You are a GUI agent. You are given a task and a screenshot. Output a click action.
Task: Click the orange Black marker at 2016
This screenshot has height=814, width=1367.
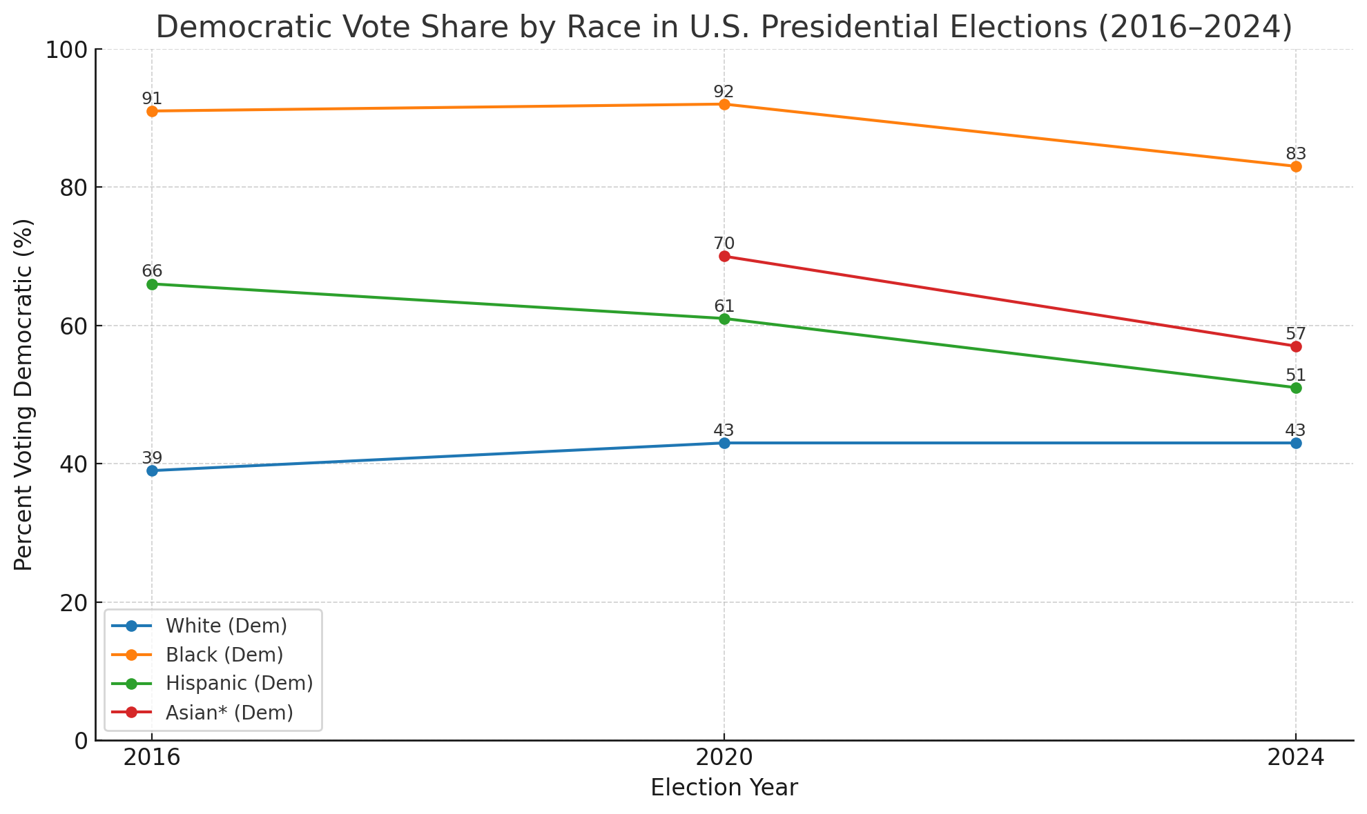[152, 111]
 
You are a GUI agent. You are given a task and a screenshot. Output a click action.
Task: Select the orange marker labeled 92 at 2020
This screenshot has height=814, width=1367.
[724, 104]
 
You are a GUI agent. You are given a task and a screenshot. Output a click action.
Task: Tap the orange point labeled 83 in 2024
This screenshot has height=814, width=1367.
[1296, 167]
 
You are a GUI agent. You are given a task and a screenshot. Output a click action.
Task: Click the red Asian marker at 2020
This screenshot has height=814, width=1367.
[724, 257]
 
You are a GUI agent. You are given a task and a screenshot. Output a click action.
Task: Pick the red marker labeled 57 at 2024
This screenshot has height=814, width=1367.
[1296, 346]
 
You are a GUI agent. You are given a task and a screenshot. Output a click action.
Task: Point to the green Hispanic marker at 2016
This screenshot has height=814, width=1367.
[152, 284]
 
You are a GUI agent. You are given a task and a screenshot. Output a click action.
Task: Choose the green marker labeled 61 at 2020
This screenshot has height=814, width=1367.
[724, 319]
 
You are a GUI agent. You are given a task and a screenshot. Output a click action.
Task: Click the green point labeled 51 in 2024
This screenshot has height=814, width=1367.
[1296, 388]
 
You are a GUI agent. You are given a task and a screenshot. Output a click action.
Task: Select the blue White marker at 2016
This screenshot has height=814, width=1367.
[152, 470]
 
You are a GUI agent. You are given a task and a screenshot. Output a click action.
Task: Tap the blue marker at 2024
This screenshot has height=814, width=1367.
[1296, 443]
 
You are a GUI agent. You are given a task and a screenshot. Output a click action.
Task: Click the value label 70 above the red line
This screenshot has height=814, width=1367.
[724, 244]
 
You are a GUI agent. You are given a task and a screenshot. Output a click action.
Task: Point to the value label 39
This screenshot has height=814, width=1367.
[152, 458]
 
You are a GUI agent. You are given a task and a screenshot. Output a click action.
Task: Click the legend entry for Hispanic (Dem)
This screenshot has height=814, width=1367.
[239, 683]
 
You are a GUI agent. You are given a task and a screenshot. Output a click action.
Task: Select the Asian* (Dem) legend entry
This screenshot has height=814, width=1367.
[229, 713]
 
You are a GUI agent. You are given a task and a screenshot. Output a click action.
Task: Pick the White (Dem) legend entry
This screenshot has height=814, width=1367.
[226, 626]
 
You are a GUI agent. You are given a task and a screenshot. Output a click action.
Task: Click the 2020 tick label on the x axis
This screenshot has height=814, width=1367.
[724, 758]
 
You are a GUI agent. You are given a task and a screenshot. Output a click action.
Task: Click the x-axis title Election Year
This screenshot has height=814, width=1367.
[724, 788]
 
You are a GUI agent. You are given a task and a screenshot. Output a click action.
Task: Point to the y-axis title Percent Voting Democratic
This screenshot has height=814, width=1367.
[23, 395]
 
